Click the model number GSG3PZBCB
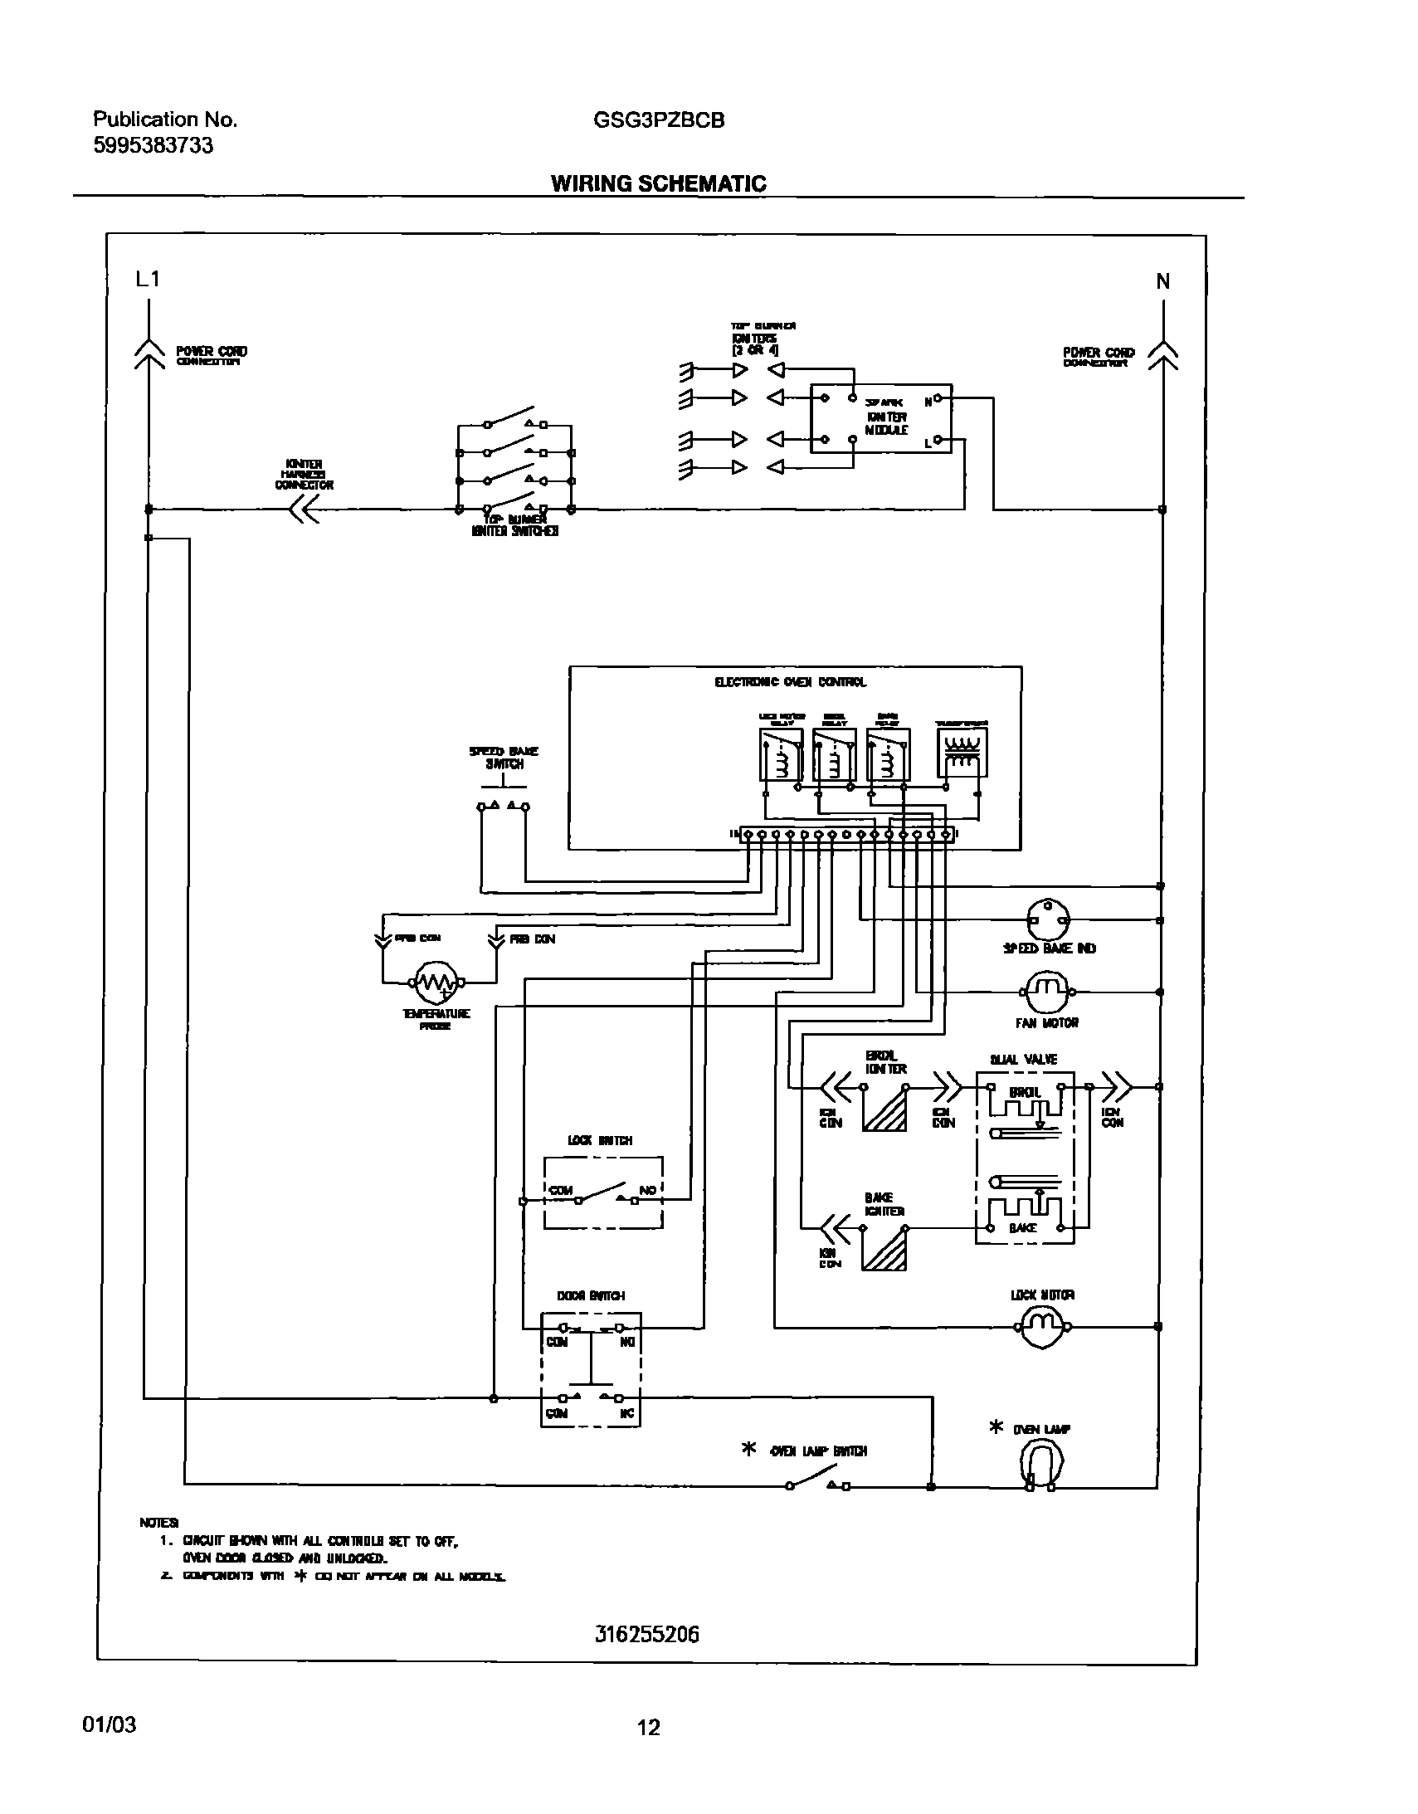[659, 120]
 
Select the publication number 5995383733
[153, 146]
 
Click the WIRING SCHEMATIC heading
[659, 183]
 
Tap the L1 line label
[148, 280]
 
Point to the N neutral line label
[1163, 281]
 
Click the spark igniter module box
[880, 418]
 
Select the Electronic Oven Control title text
[790, 682]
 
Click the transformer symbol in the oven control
[962, 753]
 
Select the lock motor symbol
[1041, 1327]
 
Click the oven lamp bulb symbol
[1040, 1465]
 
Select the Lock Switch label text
[600, 1140]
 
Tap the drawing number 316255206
[647, 1634]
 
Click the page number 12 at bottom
[648, 1728]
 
